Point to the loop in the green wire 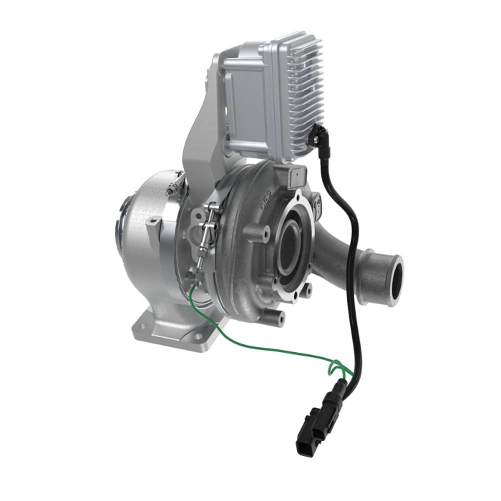point(336,368)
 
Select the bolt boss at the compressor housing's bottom point(278,315)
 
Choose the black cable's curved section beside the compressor point(336,215)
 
